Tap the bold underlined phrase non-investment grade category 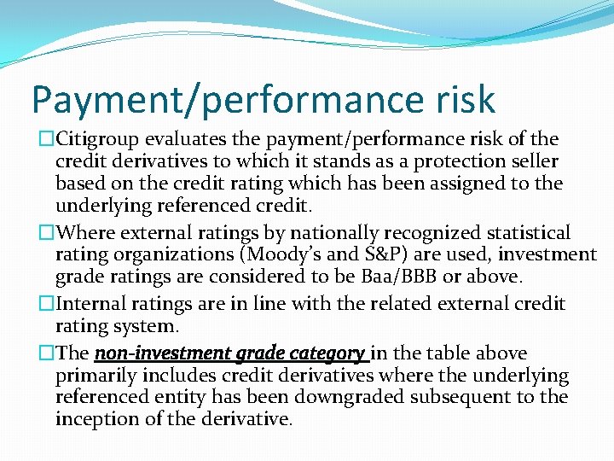coord(230,353)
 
